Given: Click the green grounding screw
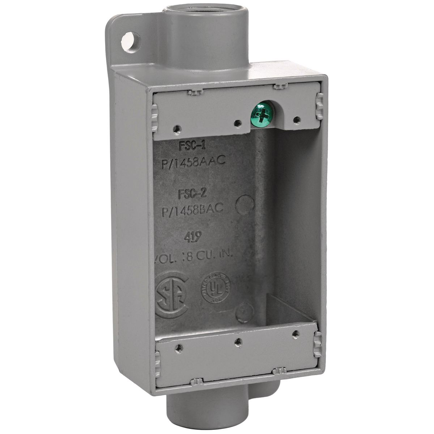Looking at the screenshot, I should tap(262, 113).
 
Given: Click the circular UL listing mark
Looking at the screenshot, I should tap(216, 288).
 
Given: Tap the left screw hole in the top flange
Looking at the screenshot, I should tap(177, 129).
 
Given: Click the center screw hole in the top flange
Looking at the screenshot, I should tap(238, 123).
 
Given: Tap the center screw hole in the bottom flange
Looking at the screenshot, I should tap(238, 342).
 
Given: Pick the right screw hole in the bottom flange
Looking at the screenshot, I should tap(296, 334).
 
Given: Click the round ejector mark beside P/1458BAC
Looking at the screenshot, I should tap(245, 205).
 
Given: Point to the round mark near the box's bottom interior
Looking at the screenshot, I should tap(245, 312).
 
